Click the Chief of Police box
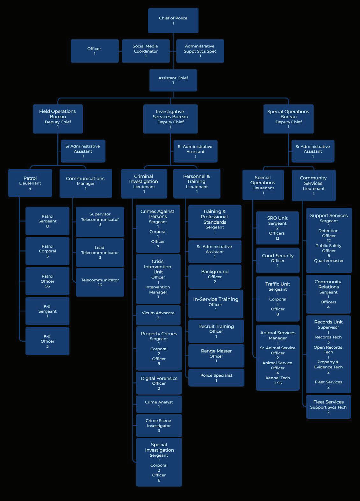point(173,20)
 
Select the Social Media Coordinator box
point(146,51)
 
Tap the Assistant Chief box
point(173,80)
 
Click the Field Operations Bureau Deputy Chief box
point(58,119)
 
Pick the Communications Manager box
point(85,183)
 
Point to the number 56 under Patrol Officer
point(47,286)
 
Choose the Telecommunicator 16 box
point(100,282)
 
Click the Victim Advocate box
point(158,315)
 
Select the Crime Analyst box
point(159,404)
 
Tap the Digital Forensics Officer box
point(159,383)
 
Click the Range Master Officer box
point(216,356)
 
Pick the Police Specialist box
point(216,378)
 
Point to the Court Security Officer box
point(277,260)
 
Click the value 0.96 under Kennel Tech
point(277,383)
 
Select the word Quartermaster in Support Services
point(329,261)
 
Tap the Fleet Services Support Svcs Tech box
point(328,407)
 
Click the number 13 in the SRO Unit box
point(277,238)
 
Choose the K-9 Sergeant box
point(47,311)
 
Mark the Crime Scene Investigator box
point(159,425)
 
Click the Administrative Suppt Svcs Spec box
point(200,51)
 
